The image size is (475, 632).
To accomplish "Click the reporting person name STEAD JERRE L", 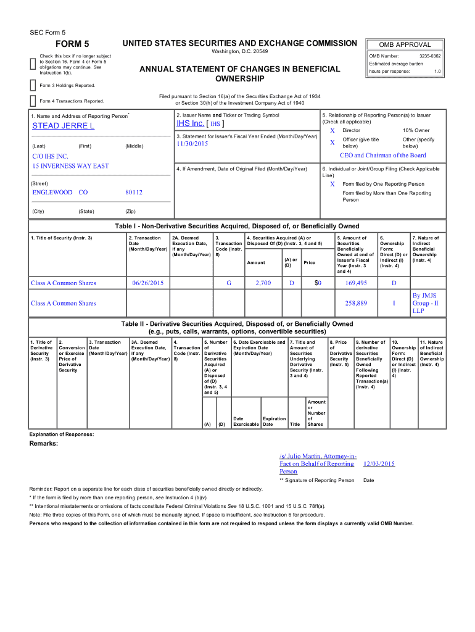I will point(63,126).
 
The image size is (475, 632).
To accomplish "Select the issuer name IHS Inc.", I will point(191,123).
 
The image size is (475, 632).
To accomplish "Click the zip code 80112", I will point(134,193).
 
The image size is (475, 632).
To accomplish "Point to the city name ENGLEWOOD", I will point(52,193).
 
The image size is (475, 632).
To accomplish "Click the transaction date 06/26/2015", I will point(148,283).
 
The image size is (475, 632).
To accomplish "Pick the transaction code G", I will point(228,283).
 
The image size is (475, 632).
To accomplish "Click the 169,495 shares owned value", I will point(356,283).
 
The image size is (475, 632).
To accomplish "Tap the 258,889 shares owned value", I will point(356,303).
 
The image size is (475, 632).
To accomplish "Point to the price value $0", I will point(318,283).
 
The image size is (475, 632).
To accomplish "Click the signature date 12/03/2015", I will point(379,464).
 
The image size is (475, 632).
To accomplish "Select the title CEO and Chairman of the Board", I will point(382,156).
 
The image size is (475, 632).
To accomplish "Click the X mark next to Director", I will point(332,131).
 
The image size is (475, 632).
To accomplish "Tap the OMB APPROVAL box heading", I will point(405,44).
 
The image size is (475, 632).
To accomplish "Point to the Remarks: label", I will point(43,444).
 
